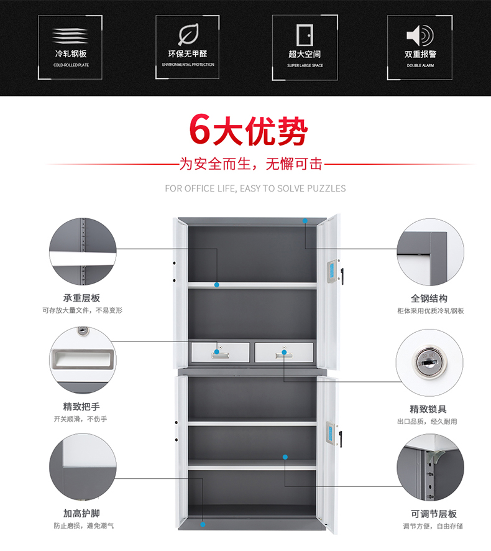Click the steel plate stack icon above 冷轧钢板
pos(70,35)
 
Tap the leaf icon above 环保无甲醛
pos(187,34)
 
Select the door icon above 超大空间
pos(304,34)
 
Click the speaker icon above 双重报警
pos(420,34)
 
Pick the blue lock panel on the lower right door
pos(330,433)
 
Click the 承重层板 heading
pos(81,299)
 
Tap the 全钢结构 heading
pos(429,299)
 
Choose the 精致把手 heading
pos(81,407)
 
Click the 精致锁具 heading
pos(429,409)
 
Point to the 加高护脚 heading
pos(81,514)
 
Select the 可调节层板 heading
pos(434,514)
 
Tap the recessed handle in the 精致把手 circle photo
pos(83,358)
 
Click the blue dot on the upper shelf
pos(217,285)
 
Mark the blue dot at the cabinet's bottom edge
pos(203,526)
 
